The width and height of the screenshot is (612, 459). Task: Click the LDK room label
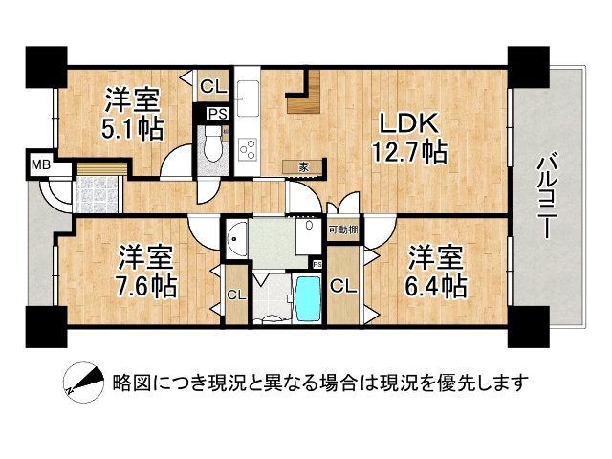pyautogui.click(x=408, y=123)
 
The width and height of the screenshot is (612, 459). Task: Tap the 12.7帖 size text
pyautogui.click(x=409, y=152)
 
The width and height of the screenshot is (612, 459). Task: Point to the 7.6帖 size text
pyautogui.click(x=145, y=287)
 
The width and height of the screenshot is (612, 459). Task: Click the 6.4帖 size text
pyautogui.click(x=436, y=287)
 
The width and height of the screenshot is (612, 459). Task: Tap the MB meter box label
pyautogui.click(x=41, y=165)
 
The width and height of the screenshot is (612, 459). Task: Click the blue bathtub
pyautogui.click(x=309, y=298)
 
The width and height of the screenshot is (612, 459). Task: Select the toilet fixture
pyautogui.click(x=212, y=142)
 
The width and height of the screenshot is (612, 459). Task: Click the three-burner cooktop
pyautogui.click(x=248, y=149)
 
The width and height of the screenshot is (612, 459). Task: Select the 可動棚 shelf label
pyautogui.click(x=343, y=229)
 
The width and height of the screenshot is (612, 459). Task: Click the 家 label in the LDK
pyautogui.click(x=303, y=167)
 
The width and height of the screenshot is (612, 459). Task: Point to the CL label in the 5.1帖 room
pyautogui.click(x=213, y=87)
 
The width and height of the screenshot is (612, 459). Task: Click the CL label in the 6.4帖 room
pyautogui.click(x=343, y=287)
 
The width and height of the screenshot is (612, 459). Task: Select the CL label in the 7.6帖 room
pyautogui.click(x=236, y=295)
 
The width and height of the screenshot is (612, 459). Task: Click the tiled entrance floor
pyautogui.click(x=97, y=195)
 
